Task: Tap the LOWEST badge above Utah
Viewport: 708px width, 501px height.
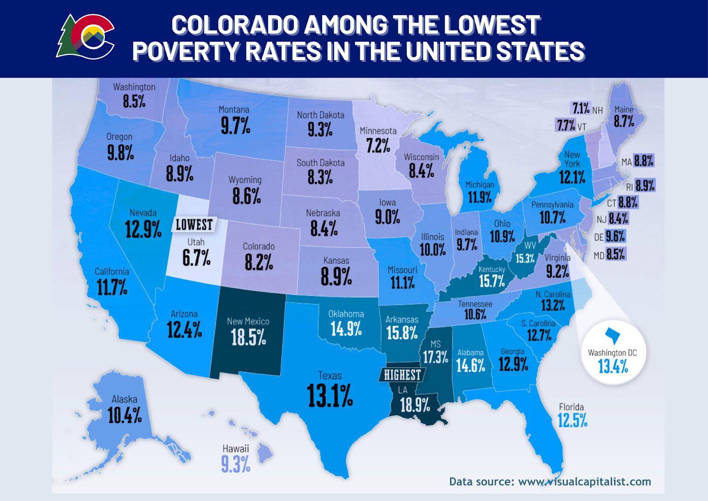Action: point(194,225)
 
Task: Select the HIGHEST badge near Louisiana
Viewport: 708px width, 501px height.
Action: point(402,375)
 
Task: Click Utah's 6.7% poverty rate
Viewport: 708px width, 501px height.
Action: point(196,257)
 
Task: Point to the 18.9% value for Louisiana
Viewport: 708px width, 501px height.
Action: point(415,404)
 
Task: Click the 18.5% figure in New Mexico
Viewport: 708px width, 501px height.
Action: point(248,338)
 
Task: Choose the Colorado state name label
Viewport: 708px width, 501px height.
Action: point(259,246)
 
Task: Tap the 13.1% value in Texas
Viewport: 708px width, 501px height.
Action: point(330,395)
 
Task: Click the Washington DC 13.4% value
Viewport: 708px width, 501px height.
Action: point(613,366)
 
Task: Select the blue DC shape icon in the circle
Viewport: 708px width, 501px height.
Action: point(613,335)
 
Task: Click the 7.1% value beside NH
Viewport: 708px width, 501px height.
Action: point(581,108)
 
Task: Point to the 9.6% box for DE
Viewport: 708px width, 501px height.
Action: point(615,236)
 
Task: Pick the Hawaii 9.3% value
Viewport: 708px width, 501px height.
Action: point(235,464)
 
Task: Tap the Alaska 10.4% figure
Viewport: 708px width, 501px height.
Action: point(125,415)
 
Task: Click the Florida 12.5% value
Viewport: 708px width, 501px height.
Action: point(572,420)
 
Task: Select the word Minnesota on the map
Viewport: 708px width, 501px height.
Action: point(378,131)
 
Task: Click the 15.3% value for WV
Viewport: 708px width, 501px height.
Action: point(525,258)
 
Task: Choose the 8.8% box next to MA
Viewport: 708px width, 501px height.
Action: point(643,161)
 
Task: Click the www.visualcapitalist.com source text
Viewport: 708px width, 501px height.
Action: point(584,482)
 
